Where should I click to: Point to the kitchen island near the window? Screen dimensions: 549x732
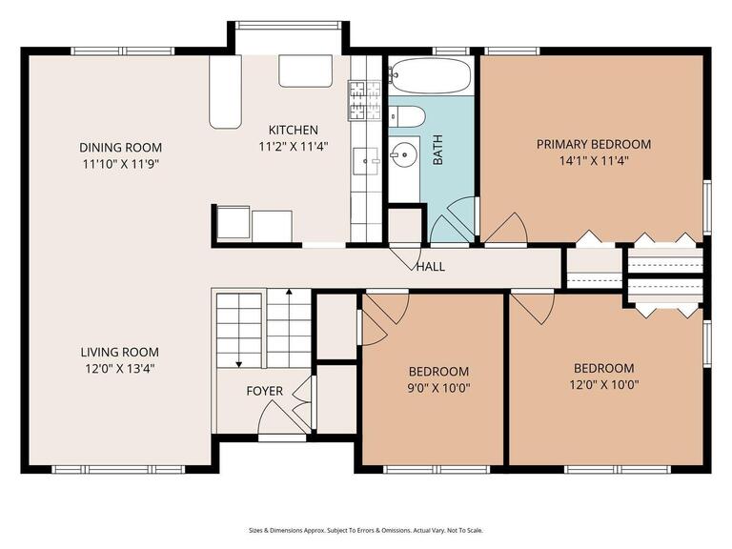(305, 71)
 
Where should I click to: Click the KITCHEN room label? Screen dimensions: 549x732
(293, 130)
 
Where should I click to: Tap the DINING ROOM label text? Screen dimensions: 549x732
(120, 147)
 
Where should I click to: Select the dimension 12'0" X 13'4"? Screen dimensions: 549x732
(120, 368)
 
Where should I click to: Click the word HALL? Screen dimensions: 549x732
(430, 267)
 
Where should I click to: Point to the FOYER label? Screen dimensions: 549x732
(264, 391)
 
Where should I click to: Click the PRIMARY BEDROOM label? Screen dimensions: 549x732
(593, 144)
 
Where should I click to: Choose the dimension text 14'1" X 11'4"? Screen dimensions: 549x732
(593, 161)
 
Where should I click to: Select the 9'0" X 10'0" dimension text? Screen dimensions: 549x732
(438, 387)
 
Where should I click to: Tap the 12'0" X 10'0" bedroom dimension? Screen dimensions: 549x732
(603, 385)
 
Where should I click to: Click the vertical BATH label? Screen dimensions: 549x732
(438, 151)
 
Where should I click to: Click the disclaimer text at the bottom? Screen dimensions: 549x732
(366, 530)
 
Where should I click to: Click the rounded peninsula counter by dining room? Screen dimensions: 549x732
(226, 91)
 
